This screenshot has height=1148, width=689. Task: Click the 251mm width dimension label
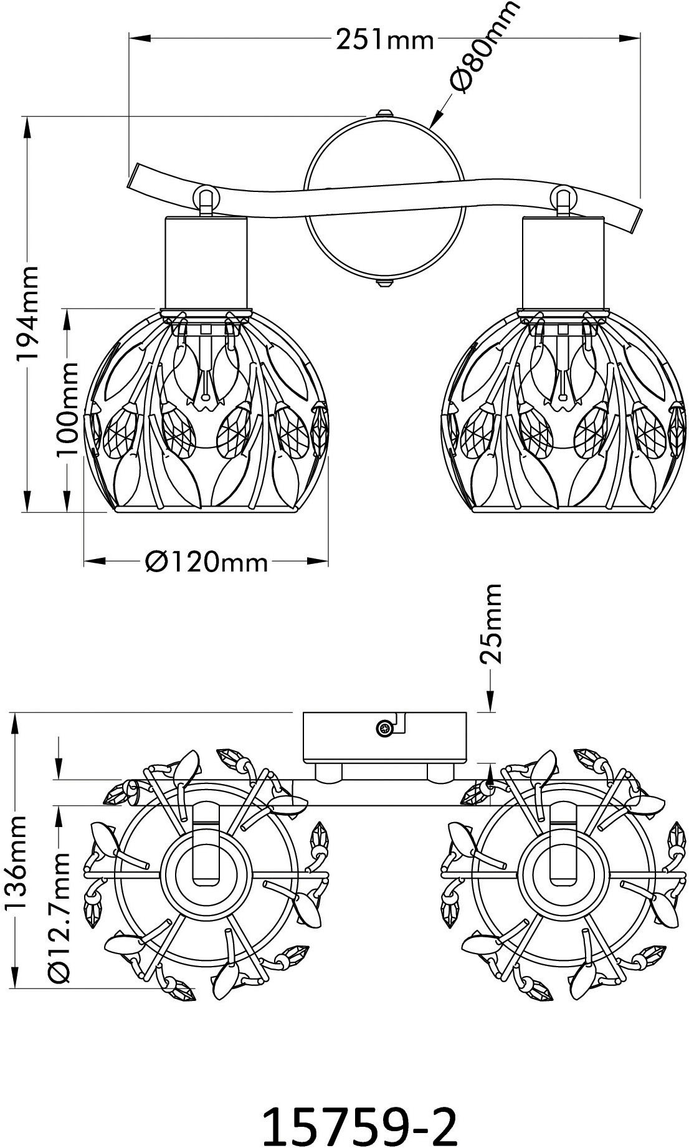(384, 41)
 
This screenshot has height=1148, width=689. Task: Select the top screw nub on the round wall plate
(384, 113)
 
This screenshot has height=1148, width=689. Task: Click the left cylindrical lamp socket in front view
(206, 262)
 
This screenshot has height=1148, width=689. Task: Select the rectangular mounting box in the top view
(384, 737)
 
